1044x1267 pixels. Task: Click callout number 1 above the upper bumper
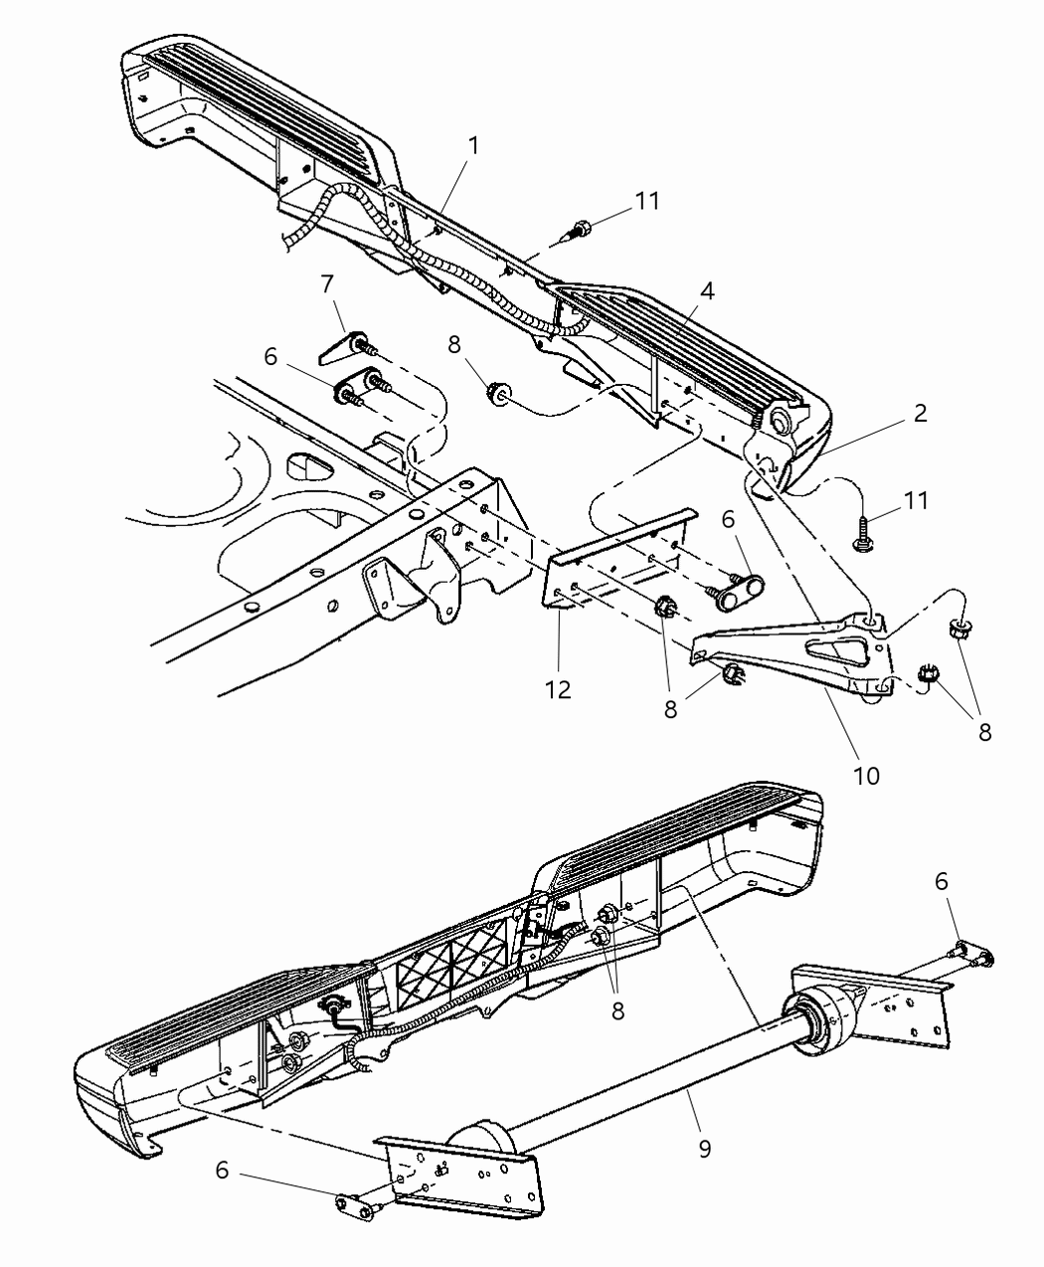pyautogui.click(x=474, y=145)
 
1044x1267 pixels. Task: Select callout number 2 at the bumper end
pyautogui.click(x=921, y=413)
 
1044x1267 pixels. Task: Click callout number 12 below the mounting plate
pyautogui.click(x=558, y=688)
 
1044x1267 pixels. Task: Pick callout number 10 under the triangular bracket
pyautogui.click(x=866, y=775)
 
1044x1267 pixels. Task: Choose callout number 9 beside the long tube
pyautogui.click(x=706, y=1149)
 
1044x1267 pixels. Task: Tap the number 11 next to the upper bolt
pyautogui.click(x=647, y=201)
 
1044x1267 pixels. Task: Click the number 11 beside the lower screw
pyautogui.click(x=916, y=500)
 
